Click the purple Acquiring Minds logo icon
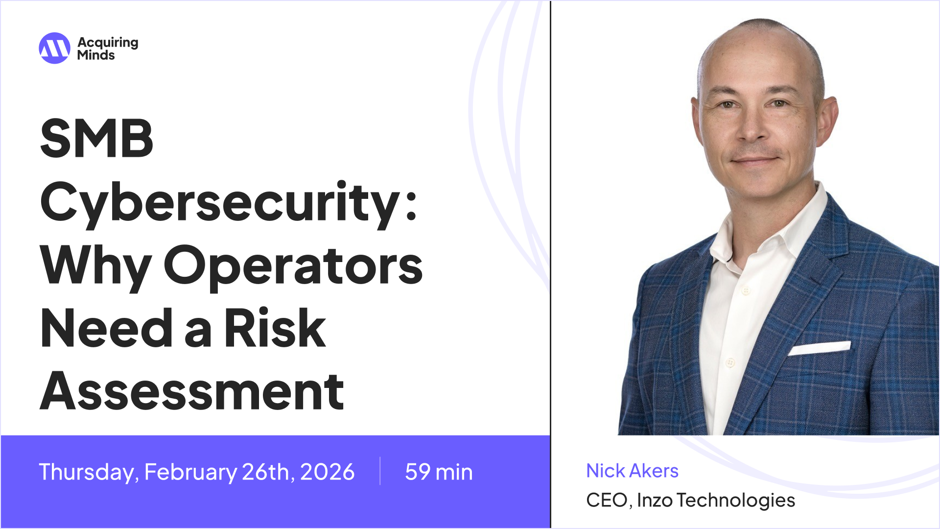coord(54,48)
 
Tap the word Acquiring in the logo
coord(108,43)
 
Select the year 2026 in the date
coord(327,472)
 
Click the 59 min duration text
coord(439,472)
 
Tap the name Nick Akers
coord(632,471)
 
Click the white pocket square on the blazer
coord(819,348)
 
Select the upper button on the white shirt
coord(746,290)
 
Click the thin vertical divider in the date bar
coord(380,471)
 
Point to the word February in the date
coord(190,472)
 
